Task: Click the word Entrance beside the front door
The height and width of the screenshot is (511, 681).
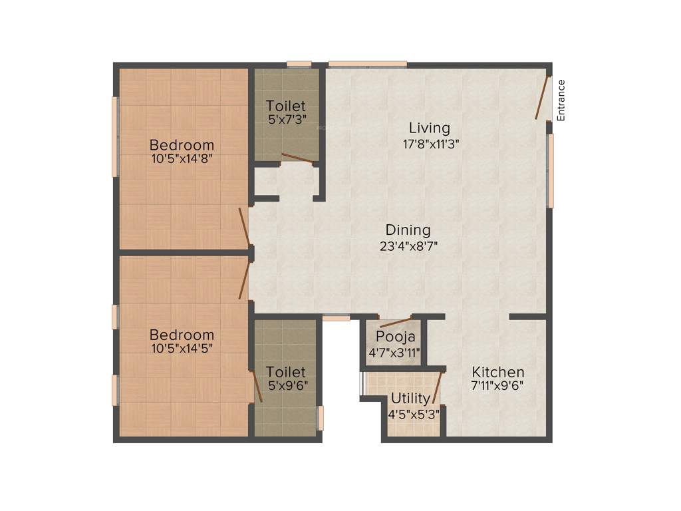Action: coord(561,100)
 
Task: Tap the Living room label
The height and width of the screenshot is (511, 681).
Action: coord(429,128)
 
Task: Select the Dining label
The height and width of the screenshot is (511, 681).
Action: coord(408,230)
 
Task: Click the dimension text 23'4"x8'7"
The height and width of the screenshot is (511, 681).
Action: coord(408,245)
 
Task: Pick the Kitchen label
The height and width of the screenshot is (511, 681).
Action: coord(498,372)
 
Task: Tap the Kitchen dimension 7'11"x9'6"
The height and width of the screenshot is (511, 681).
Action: coord(498,386)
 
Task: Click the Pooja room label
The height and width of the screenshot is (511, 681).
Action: coord(395,337)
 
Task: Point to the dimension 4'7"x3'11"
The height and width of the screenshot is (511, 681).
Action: coord(395,352)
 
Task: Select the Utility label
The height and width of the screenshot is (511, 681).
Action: coord(410,399)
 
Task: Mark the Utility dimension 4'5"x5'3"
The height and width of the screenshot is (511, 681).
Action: coord(414,413)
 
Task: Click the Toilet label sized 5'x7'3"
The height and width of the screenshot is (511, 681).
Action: coord(286,106)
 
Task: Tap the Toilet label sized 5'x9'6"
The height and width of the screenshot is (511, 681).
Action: coord(286,372)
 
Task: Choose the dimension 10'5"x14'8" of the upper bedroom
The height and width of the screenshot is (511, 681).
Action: coord(182,159)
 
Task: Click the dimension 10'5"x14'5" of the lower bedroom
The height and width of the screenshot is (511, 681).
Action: coord(182,348)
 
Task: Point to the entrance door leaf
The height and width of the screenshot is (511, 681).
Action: coord(543,98)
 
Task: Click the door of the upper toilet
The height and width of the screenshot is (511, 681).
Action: coord(297,158)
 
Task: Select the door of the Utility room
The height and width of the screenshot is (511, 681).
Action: coord(437,388)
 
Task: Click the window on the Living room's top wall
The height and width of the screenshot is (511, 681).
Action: coord(367,64)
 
